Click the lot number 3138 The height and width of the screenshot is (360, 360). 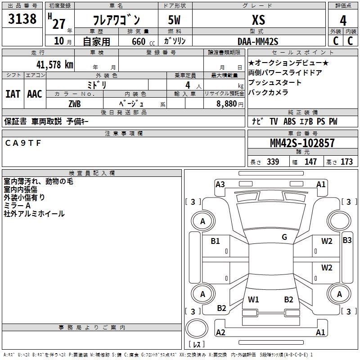22,19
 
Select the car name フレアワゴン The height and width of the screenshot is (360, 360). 116,20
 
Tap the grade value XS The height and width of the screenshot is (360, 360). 258,20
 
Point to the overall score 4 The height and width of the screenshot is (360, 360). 343,20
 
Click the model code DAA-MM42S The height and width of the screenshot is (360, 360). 258,41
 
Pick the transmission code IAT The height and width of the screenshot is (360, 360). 13,94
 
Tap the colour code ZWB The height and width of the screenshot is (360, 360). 74,103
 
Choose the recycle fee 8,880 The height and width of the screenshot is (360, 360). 227,103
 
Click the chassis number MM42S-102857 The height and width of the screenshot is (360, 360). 302,143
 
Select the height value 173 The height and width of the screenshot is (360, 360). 346,162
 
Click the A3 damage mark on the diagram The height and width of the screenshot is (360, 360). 220,184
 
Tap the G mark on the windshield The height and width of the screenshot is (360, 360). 284,237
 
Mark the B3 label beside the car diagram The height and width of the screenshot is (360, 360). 347,240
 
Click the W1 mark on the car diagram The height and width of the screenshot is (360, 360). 253,299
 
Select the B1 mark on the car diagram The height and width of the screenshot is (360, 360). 216,241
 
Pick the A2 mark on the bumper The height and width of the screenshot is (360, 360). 220,333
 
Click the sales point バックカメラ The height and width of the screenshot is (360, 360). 268,93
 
